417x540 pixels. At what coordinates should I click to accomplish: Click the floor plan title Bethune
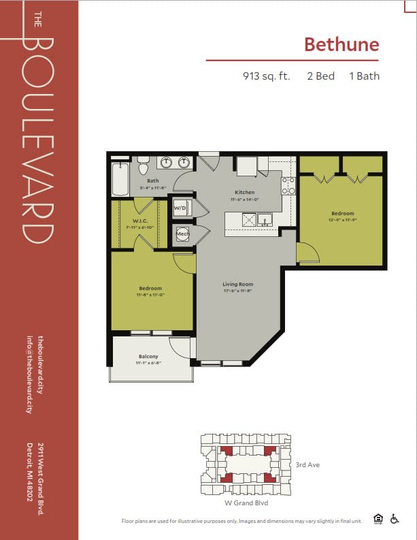(x=341, y=44)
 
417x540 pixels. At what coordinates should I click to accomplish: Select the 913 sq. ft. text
(x=266, y=76)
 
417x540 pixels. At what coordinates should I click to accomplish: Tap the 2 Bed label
(x=320, y=76)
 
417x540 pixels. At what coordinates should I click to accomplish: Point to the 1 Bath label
(x=364, y=76)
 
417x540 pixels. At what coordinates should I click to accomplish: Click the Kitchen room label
(x=244, y=193)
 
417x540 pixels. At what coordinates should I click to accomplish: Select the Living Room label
(x=237, y=284)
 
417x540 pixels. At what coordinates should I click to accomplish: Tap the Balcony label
(x=148, y=357)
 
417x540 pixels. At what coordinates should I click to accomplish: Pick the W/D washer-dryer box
(x=180, y=208)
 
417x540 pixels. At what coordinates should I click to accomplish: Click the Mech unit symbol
(x=182, y=234)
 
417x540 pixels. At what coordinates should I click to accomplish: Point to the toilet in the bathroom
(x=143, y=167)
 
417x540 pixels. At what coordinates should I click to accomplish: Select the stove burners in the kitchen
(x=288, y=185)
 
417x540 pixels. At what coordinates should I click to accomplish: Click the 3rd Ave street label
(x=307, y=464)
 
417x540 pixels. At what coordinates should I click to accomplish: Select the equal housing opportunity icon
(x=378, y=519)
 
